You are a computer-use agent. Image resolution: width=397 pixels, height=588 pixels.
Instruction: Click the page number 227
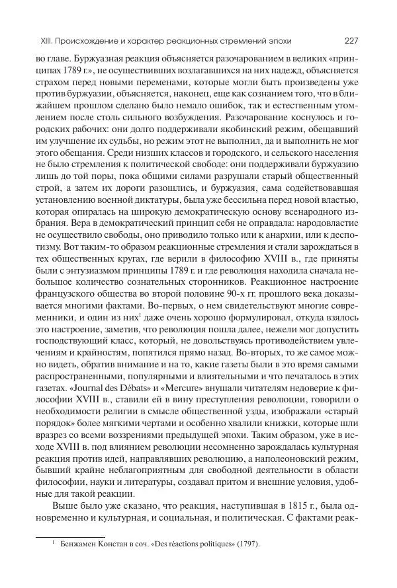coord(350,39)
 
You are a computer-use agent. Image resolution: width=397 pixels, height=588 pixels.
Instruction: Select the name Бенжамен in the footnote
coord(75,544)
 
